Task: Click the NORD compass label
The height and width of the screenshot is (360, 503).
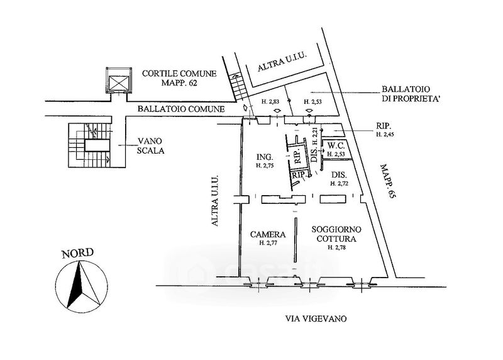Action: point(77,254)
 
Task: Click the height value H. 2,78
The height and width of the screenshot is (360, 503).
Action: point(337,247)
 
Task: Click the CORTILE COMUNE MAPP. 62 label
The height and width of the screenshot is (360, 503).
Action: point(179,78)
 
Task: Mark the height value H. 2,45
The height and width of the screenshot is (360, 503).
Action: point(385,134)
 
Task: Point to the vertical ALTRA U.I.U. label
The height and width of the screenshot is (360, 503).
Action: point(214,200)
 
